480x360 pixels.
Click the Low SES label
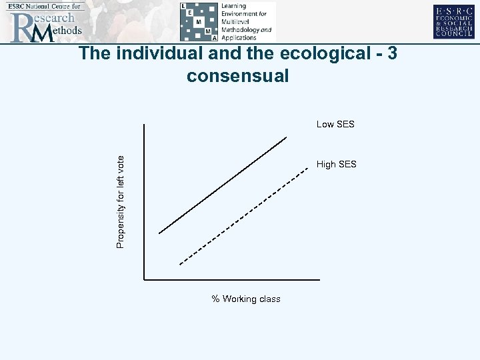tap(335, 124)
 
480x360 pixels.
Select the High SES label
tap(337, 164)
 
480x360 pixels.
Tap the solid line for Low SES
tap(223, 185)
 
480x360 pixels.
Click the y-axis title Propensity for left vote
tap(120, 201)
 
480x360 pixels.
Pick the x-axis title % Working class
tap(246, 299)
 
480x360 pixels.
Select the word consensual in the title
tap(238, 76)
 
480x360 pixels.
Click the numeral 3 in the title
tap(391, 53)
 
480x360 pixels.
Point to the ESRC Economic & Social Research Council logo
tap(455, 21)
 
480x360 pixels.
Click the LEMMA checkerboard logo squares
tap(199, 21)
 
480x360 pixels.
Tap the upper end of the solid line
tap(286, 137)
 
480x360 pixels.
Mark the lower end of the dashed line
tap(181, 263)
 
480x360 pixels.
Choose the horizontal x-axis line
tap(233, 280)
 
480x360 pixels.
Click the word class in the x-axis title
tap(269, 299)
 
